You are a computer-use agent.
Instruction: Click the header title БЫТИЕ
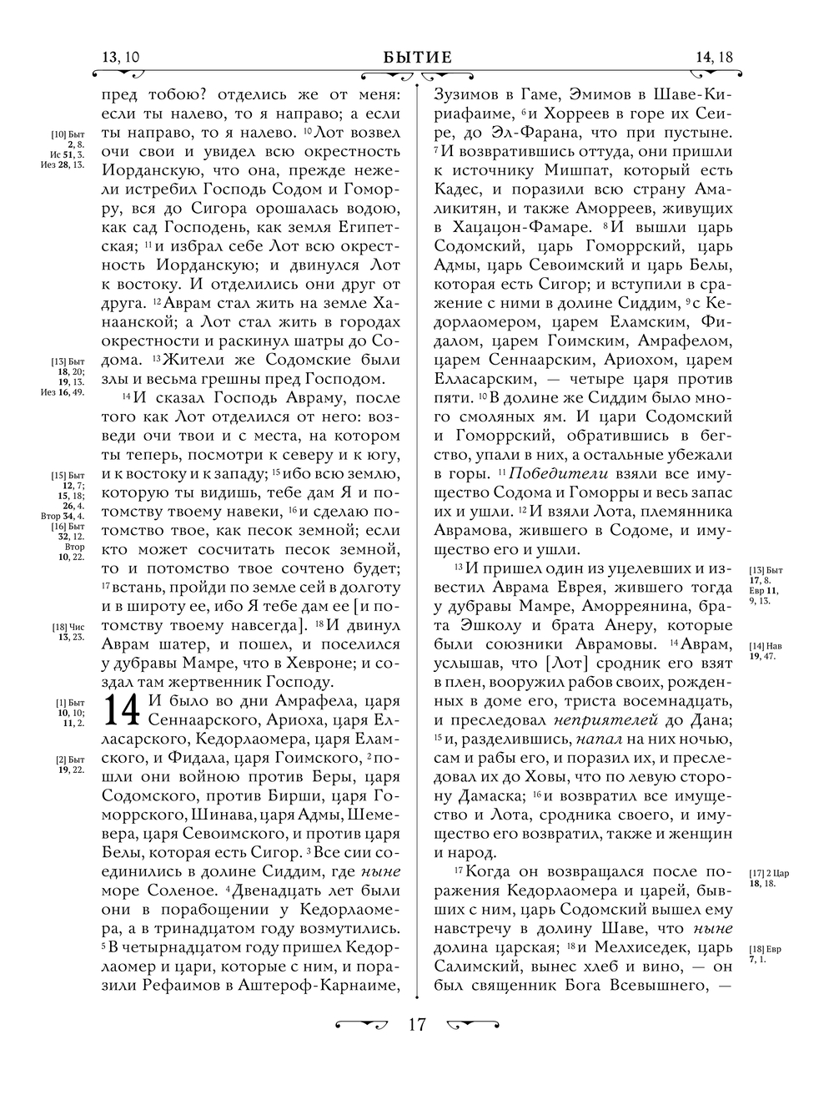(418, 58)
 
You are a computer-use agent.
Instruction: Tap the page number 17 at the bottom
(417, 1025)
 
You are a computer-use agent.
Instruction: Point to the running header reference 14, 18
(713, 58)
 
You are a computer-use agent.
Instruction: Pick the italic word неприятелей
(638, 719)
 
